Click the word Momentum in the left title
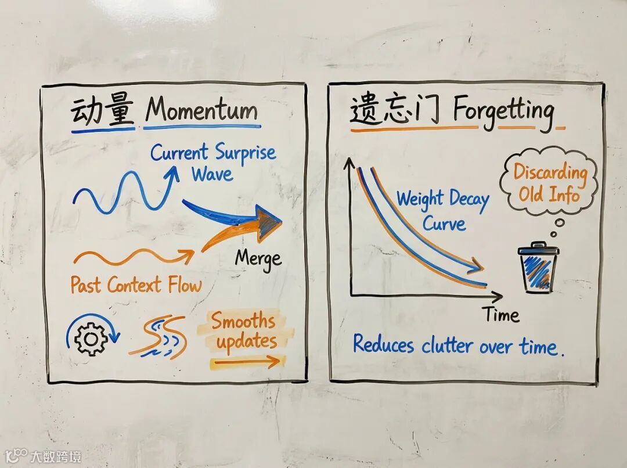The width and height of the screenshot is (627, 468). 201,110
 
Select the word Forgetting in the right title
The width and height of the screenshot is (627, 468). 503,111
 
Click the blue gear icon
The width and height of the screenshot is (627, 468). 89,337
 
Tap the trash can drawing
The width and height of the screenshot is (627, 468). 538,268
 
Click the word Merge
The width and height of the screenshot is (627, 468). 258,259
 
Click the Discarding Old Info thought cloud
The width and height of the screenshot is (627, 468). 549,182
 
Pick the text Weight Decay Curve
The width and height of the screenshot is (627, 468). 443,211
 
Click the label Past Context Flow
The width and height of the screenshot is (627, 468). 136,285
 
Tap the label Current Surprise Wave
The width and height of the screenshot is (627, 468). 212,163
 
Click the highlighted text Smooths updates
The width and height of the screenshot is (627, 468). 243,331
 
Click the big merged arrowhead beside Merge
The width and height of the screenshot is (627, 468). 268,222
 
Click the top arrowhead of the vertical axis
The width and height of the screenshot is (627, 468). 350,163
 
